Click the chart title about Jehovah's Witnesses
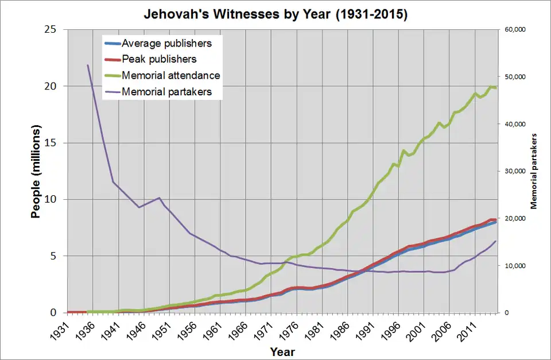(275, 14)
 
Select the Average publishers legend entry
(166, 43)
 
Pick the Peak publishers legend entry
(159, 59)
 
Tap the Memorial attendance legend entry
(170, 75)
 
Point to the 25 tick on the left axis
(50, 29)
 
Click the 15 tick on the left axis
(50, 142)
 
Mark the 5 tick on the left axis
(53, 256)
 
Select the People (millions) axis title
(36, 172)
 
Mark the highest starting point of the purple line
(88, 65)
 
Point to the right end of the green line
(496, 88)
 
